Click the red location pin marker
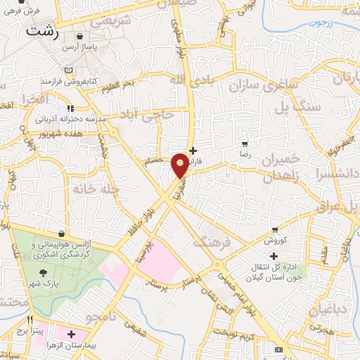(180, 165)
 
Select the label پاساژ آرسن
(79, 47)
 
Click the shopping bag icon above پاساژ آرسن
(79, 36)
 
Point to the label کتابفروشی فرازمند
(67, 82)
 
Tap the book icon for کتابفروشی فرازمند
(67, 70)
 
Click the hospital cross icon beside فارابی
(193, 150)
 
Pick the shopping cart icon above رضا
(245, 143)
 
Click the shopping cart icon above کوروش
(276, 229)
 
